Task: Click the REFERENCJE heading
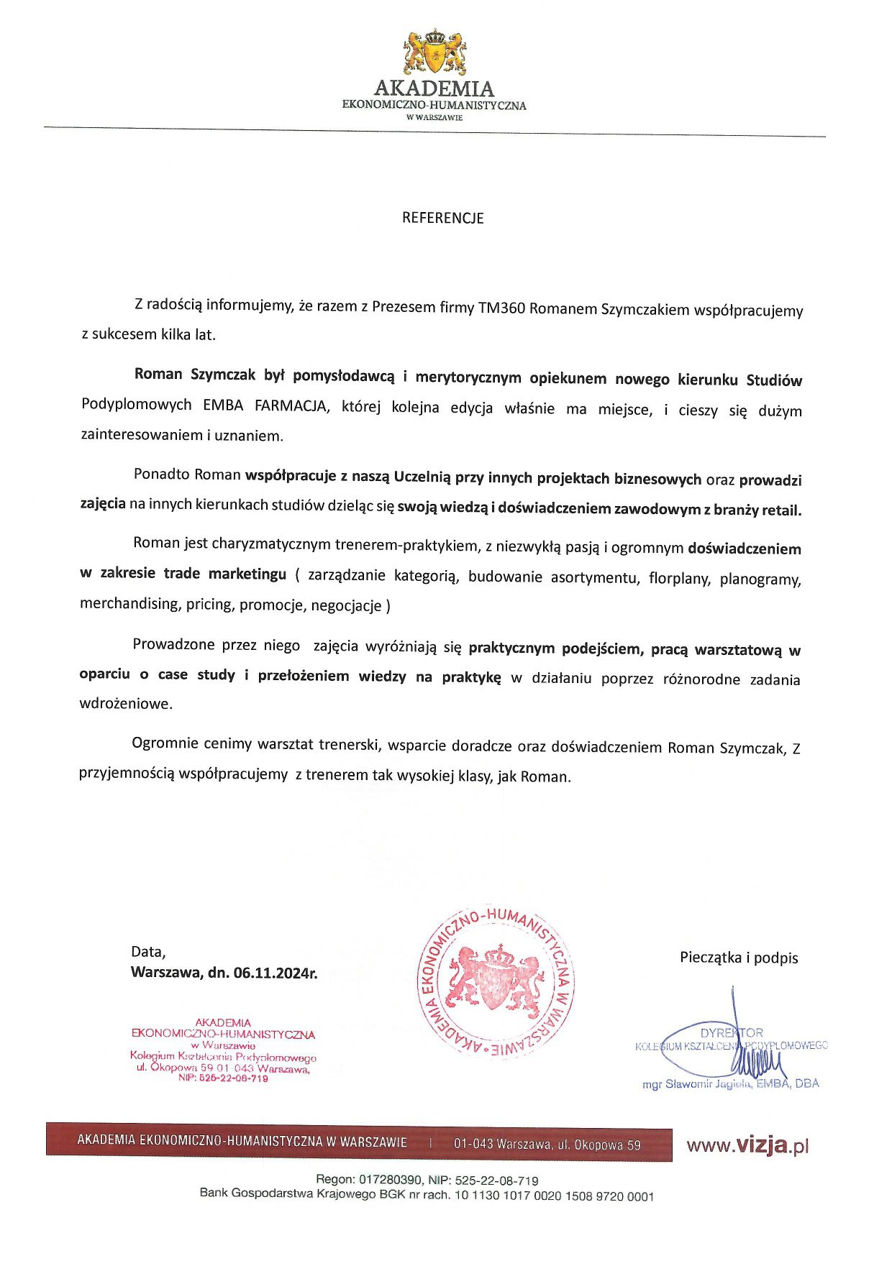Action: coord(442,218)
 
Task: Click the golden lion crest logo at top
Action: coord(434,52)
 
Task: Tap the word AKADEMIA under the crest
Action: coord(434,89)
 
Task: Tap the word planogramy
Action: coord(760,579)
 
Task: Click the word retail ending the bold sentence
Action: coord(780,510)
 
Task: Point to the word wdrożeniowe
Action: coord(126,704)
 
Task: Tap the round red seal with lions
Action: coord(496,982)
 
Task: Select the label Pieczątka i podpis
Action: coord(739,958)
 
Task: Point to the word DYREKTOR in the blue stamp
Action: coord(732,1033)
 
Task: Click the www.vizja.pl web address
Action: coord(748,1145)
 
